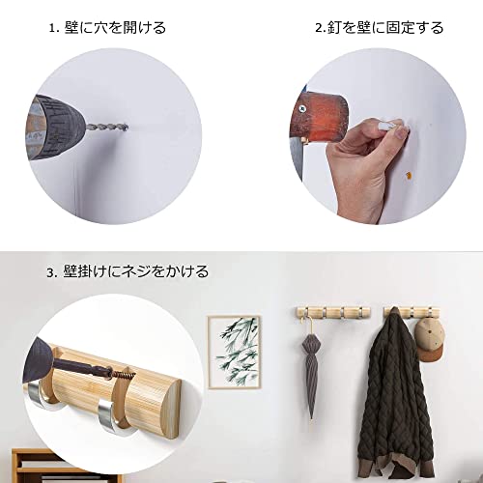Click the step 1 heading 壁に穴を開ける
pyautogui.click(x=115, y=28)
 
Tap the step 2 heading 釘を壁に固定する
pyautogui.click(x=385, y=28)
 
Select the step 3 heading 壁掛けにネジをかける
pyautogui.click(x=135, y=271)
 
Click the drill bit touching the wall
pyautogui.click(x=106, y=128)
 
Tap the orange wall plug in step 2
pyautogui.click(x=409, y=176)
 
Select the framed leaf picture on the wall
pyautogui.click(x=234, y=352)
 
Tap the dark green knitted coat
pyautogui.click(x=396, y=393)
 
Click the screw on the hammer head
pyautogui.click(x=302, y=108)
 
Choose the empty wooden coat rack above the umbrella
pyautogui.click(x=333, y=312)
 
